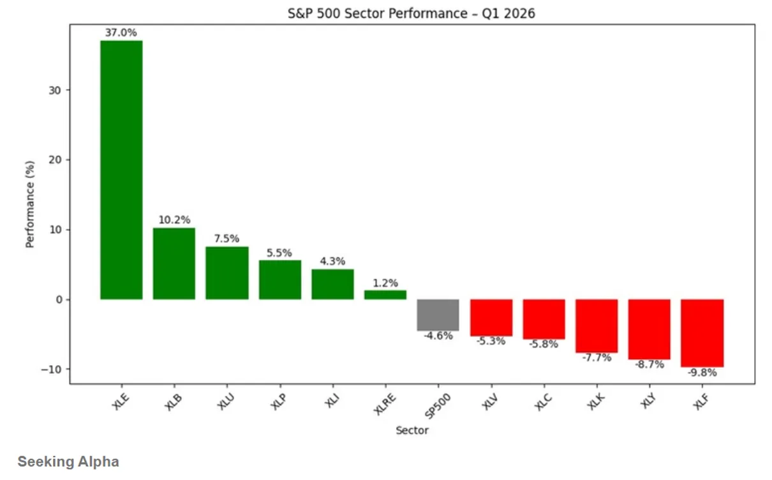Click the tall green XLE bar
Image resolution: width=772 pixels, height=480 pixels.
pyautogui.click(x=121, y=170)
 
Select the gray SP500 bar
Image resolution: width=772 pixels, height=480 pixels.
pyautogui.click(x=438, y=315)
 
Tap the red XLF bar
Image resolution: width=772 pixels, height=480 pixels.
pyautogui.click(x=702, y=333)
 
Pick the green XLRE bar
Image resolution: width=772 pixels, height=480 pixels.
pyautogui.click(x=385, y=295)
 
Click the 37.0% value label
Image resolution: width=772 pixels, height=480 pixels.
pyautogui.click(x=121, y=33)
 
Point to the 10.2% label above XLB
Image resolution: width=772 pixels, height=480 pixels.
pyautogui.click(x=174, y=220)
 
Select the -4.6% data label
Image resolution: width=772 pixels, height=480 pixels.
pyautogui.click(x=438, y=336)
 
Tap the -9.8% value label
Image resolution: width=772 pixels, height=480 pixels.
pyautogui.click(x=702, y=373)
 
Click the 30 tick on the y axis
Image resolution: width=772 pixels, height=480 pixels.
pyautogui.click(x=55, y=91)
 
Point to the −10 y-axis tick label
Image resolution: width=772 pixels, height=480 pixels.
pyautogui.click(x=51, y=370)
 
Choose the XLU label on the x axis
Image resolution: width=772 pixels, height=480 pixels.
pyautogui.click(x=226, y=401)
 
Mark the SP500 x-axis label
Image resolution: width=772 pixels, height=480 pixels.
pyautogui.click(x=437, y=406)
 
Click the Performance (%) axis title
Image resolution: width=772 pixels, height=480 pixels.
pyautogui.click(x=30, y=204)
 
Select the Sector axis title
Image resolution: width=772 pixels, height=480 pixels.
pyautogui.click(x=412, y=430)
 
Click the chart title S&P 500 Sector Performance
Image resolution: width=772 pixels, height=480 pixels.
pyautogui.click(x=412, y=13)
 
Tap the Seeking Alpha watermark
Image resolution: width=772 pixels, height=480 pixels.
pyautogui.click(x=68, y=461)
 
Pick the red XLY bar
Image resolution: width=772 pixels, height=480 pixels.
pyautogui.click(x=650, y=329)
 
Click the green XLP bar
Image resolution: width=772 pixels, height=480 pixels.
pyautogui.click(x=280, y=280)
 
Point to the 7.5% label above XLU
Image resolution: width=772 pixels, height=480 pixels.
pyautogui.click(x=226, y=239)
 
